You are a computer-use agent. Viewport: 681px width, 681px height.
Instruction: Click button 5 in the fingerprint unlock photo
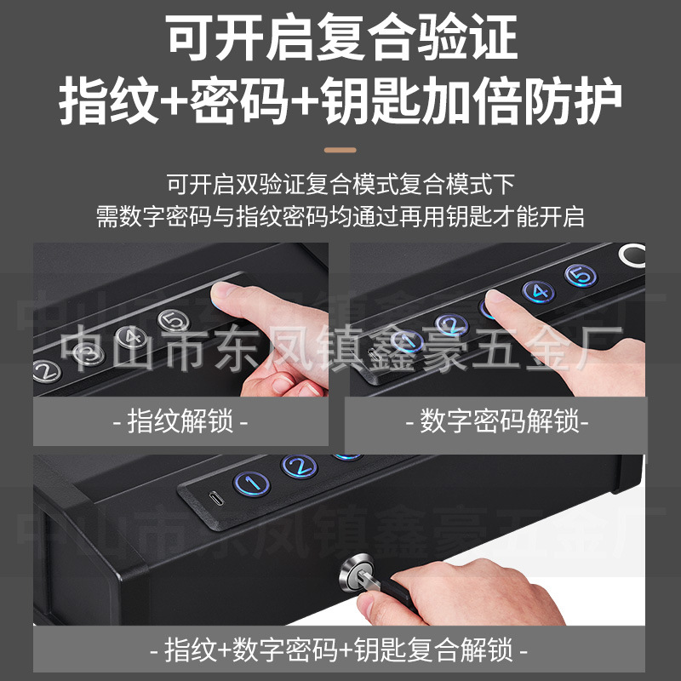tap(173, 320)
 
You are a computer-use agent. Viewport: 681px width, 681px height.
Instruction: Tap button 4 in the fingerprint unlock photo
tap(128, 337)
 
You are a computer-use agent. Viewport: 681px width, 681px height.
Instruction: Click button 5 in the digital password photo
tap(581, 276)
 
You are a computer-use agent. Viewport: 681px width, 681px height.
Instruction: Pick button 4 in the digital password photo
tap(537, 292)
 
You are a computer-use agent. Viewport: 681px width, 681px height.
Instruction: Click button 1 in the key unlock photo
tap(252, 484)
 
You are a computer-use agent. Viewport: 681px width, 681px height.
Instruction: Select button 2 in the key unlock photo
tap(299, 466)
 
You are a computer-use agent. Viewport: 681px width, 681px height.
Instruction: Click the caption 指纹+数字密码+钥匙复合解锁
tap(340, 651)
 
